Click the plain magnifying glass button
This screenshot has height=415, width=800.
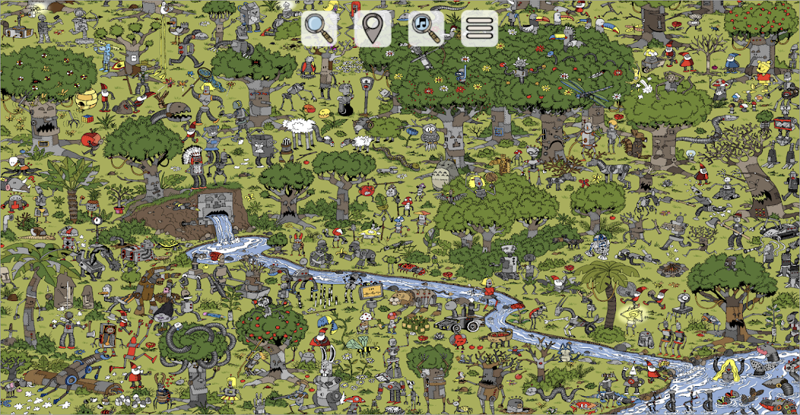[319, 28]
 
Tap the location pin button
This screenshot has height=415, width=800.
[373, 28]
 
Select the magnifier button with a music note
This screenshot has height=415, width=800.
[426, 28]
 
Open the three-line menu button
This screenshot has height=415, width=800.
[480, 28]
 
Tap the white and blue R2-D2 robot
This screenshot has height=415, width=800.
[598, 246]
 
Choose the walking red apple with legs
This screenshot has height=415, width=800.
[90, 140]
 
